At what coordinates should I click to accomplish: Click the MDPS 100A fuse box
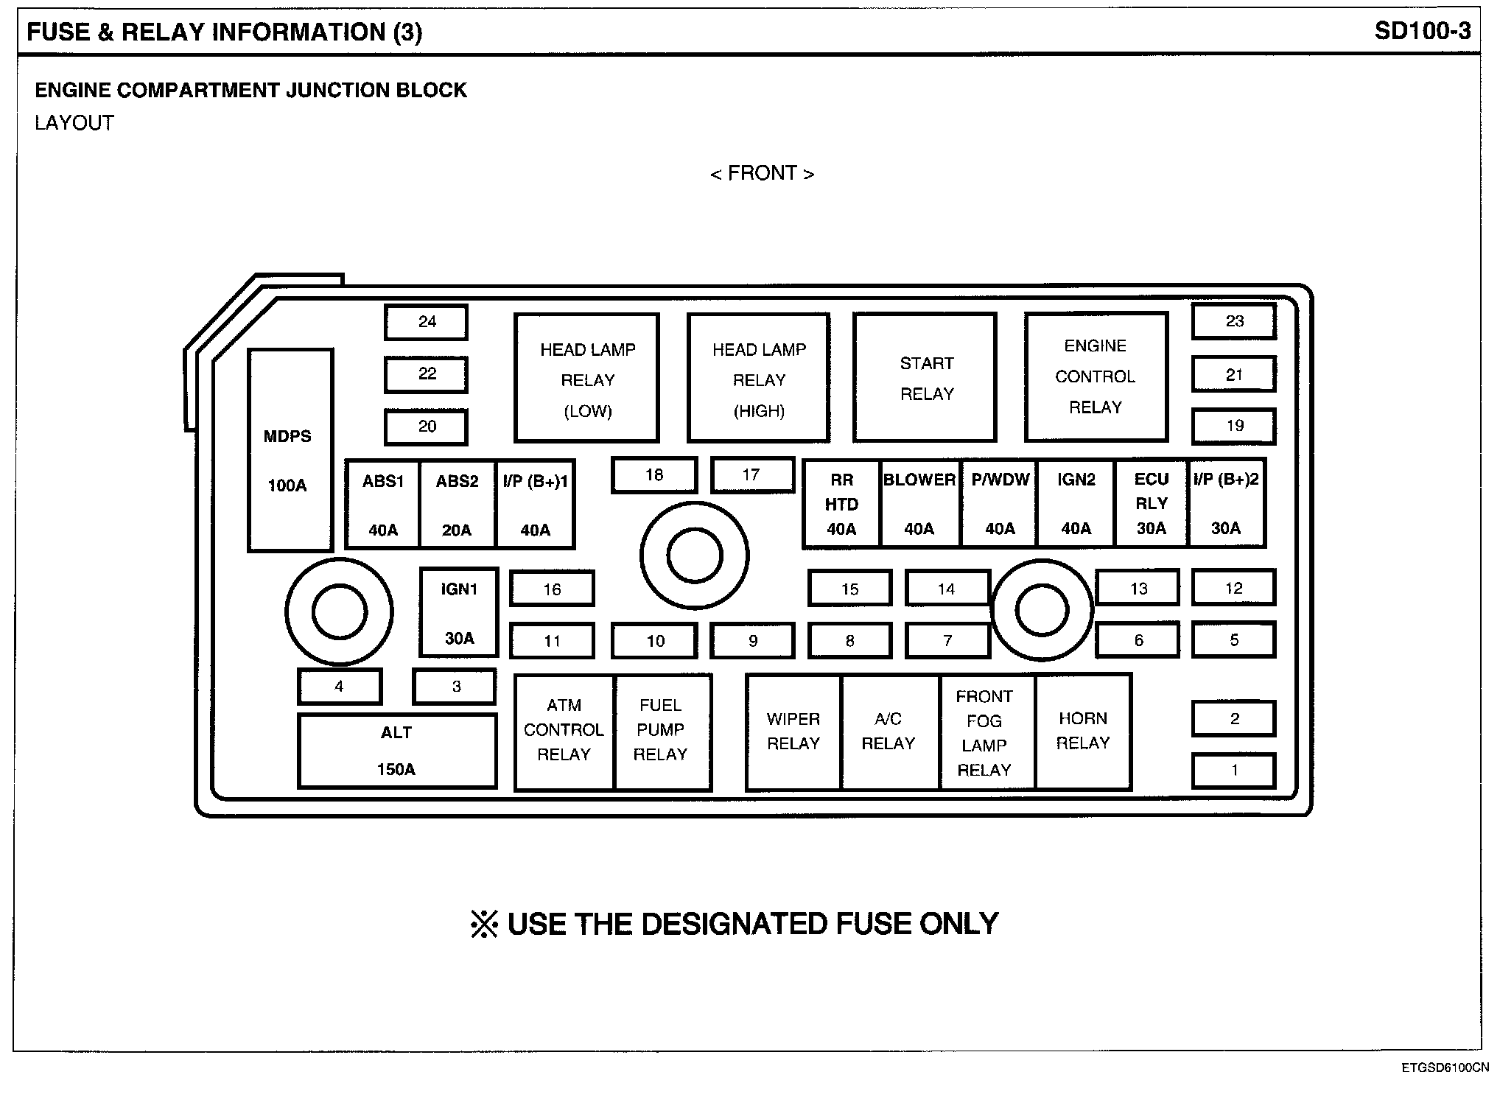tap(290, 450)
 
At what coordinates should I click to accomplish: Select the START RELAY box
tap(925, 377)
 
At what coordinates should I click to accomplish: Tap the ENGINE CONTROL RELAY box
tap(1096, 376)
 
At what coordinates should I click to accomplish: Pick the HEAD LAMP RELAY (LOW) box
tap(586, 378)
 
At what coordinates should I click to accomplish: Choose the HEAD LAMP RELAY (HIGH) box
tap(759, 378)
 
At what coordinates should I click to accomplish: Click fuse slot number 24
tap(427, 322)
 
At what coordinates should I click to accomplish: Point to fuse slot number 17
tap(752, 475)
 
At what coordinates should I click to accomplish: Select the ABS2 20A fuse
tap(457, 505)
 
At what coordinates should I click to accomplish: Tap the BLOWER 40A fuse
tap(919, 505)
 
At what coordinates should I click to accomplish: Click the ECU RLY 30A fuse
tap(1151, 504)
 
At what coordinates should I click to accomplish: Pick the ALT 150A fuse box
tap(397, 751)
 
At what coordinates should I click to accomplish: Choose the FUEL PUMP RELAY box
tap(662, 731)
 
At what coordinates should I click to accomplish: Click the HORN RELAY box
tap(1083, 731)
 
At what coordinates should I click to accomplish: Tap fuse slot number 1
tap(1234, 771)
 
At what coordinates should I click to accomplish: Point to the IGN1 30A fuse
tap(459, 612)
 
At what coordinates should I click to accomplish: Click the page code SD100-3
tap(1422, 31)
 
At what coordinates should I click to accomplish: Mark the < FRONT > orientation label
tap(762, 173)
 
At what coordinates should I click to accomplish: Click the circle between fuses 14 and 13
tap(1041, 610)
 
